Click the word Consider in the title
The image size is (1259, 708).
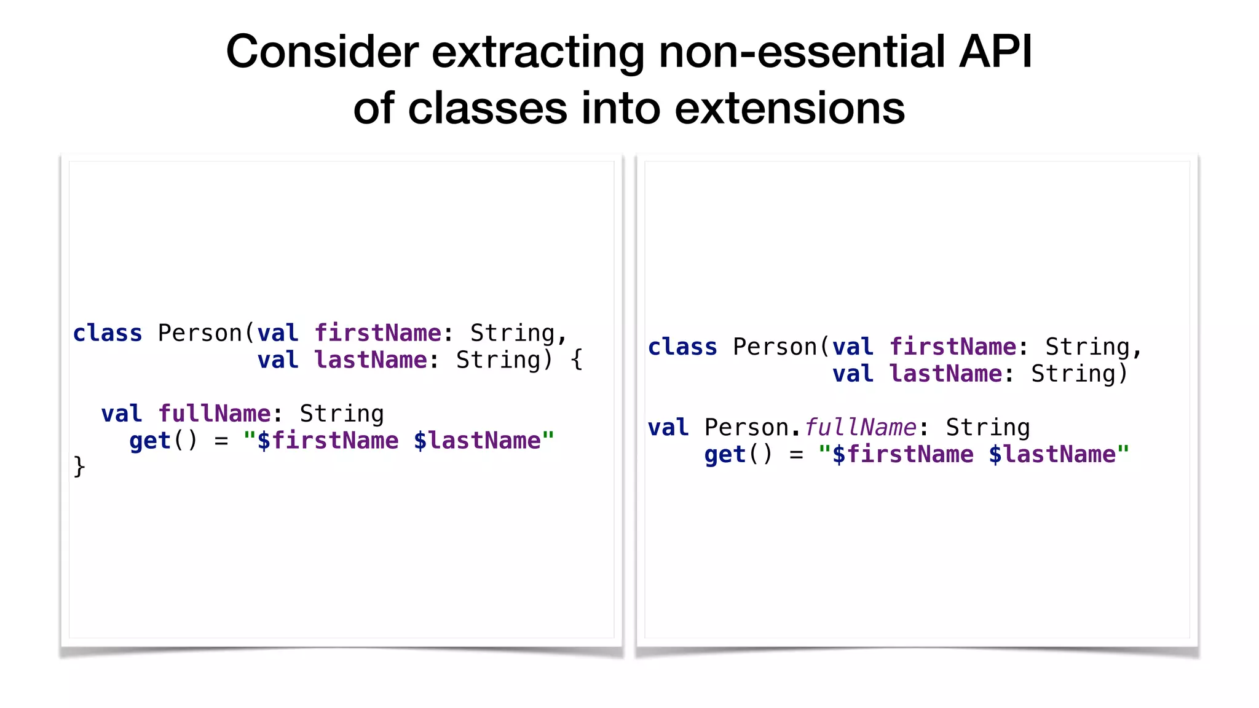[x=322, y=52]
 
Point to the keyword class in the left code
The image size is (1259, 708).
[x=108, y=333]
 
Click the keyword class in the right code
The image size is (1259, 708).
[x=682, y=347]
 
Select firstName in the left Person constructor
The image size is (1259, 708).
[x=377, y=333]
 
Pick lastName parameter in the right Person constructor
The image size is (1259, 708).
[x=945, y=374]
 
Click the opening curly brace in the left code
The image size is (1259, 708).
[x=576, y=360]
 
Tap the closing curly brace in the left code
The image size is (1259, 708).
[x=79, y=466]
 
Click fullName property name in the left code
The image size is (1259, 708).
[x=215, y=414]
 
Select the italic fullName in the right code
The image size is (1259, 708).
[x=860, y=428]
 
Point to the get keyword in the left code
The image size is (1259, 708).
[x=149, y=441]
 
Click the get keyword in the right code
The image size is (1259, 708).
[x=725, y=455]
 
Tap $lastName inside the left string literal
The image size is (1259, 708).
[x=477, y=441]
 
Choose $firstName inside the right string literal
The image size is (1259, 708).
[x=902, y=455]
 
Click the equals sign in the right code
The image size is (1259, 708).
[x=796, y=455]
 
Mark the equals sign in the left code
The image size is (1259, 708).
[x=221, y=441]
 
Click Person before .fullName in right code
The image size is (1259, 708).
[x=746, y=428]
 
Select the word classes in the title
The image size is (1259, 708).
[x=487, y=109]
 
